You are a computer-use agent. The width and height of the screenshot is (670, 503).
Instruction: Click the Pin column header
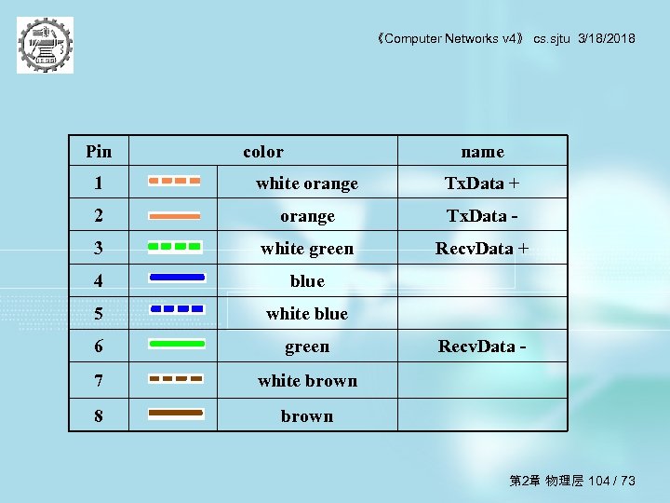point(98,152)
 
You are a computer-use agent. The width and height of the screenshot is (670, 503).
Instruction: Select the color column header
point(263,152)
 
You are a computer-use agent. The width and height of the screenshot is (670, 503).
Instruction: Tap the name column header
point(482,152)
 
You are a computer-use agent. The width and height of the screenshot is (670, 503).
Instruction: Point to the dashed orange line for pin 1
point(174,181)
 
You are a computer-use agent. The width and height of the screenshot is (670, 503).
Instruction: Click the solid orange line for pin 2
point(174,215)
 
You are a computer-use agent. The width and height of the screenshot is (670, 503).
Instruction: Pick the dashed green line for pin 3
point(174,248)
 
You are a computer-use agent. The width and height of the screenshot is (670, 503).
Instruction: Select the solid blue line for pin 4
point(176,278)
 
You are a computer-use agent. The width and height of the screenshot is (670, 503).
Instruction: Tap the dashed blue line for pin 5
point(176,308)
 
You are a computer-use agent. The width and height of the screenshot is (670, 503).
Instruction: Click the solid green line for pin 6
point(176,344)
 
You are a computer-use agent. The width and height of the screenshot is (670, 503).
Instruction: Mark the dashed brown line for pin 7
point(176,379)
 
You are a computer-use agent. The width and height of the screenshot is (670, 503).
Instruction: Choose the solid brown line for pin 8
point(176,412)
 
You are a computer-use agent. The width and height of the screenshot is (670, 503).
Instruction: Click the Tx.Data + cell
point(482,184)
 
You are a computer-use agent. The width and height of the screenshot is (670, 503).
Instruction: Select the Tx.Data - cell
point(482,216)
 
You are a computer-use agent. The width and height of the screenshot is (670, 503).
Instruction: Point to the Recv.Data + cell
point(482,249)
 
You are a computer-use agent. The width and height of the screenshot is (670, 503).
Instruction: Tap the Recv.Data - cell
point(482,347)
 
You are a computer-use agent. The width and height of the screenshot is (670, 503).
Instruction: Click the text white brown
point(307,381)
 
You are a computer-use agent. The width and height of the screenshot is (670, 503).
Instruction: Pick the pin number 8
point(99,416)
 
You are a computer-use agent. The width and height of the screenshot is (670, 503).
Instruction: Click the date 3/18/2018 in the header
point(606,38)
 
